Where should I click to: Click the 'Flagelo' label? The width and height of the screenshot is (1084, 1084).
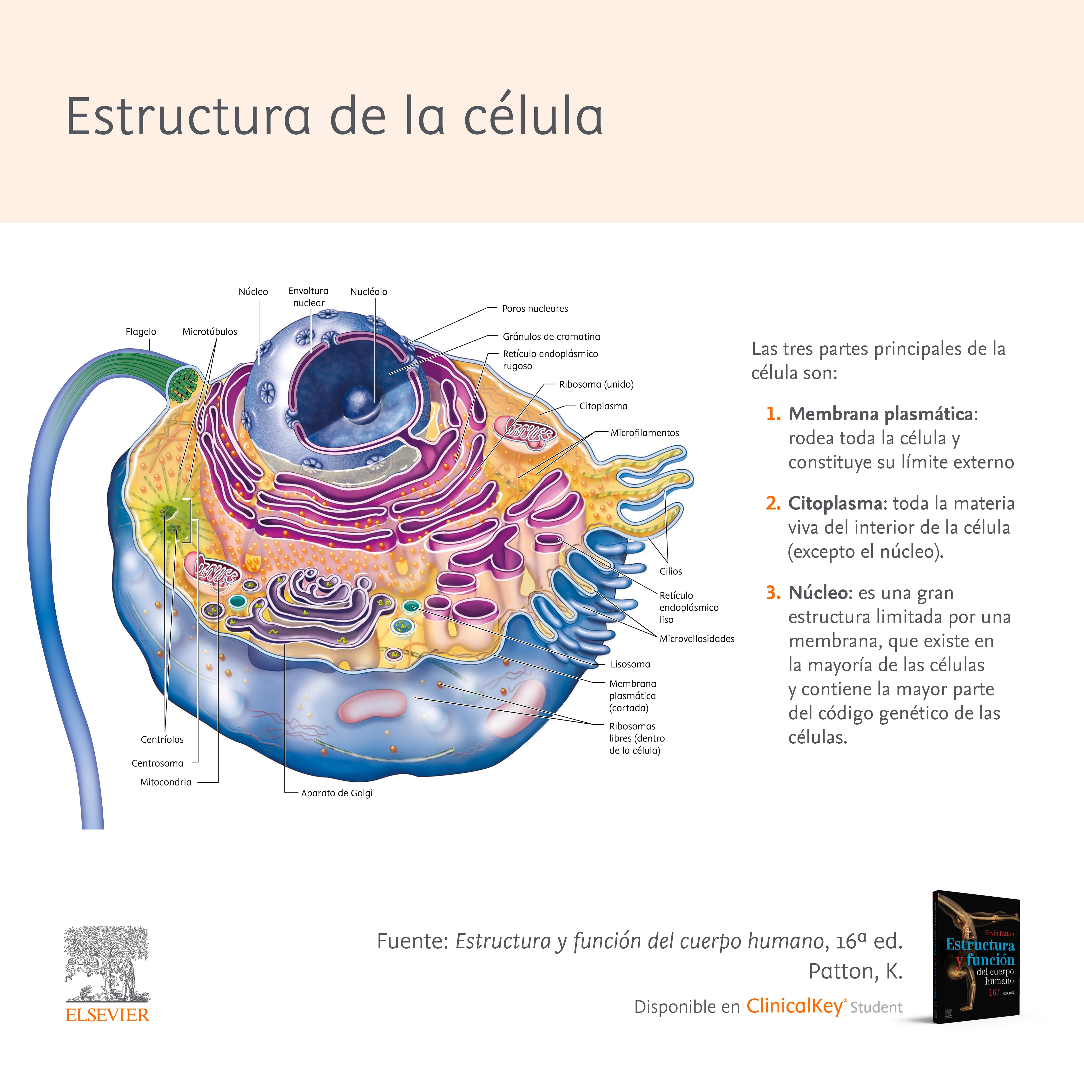click(x=141, y=332)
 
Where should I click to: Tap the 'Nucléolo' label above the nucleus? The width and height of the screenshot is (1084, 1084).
click(x=369, y=292)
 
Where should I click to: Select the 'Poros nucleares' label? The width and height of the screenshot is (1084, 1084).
click(x=535, y=309)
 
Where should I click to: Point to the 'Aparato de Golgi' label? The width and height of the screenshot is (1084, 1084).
click(x=337, y=793)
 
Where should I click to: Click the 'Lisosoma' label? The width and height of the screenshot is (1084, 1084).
click(x=630, y=664)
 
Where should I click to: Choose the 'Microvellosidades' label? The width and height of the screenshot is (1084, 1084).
click(x=697, y=639)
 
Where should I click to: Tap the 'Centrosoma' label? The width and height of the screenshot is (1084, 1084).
click(x=157, y=763)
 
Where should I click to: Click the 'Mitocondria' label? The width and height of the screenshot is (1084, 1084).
click(x=165, y=782)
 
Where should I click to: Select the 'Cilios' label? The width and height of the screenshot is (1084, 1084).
click(x=670, y=571)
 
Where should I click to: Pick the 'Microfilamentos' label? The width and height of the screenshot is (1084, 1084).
click(x=645, y=433)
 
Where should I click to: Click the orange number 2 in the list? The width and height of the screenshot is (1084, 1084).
click(x=773, y=503)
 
